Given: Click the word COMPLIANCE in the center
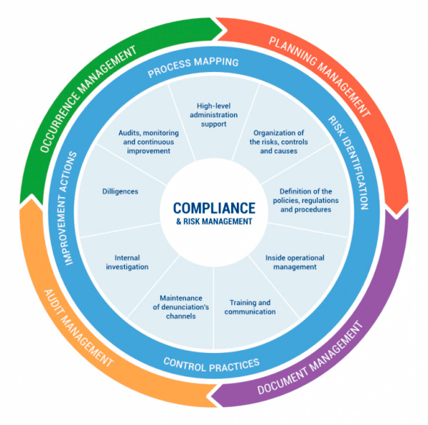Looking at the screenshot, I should tap(213, 208).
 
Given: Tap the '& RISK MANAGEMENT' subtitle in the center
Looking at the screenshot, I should tap(213, 222).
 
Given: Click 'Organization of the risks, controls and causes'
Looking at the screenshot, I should tap(278, 141).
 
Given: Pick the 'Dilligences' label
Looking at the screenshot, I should tap(121, 191).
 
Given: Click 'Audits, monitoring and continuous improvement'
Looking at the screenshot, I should tap(145, 141).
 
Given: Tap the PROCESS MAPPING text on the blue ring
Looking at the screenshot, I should tap(193, 69).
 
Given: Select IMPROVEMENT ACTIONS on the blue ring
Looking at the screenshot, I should tap(74, 207).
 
